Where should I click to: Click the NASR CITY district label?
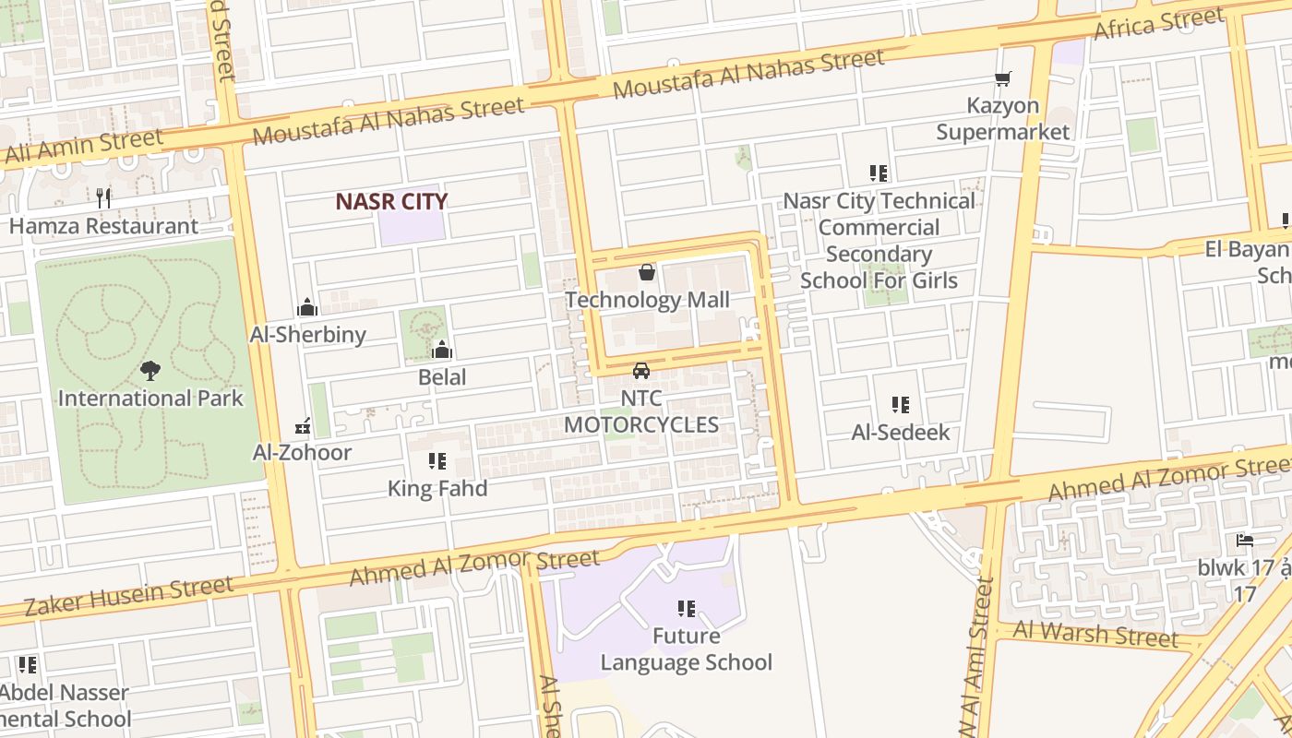[x=391, y=201]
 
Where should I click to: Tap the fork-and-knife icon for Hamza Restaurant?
[x=103, y=197]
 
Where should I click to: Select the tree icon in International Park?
[x=150, y=371]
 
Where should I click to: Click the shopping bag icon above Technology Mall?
[x=647, y=272]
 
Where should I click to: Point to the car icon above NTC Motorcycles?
[x=640, y=371]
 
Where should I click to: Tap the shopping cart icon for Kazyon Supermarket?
[x=1002, y=79]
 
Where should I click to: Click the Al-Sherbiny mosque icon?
[x=307, y=307]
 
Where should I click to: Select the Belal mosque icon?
[x=442, y=350]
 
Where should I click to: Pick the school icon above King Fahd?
[x=437, y=460]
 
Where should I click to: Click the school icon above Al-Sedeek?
[x=900, y=404]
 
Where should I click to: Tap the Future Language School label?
[x=686, y=649]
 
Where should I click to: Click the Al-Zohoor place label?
[x=303, y=452]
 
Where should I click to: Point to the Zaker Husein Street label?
[x=129, y=596]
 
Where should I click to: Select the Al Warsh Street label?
[x=1095, y=634]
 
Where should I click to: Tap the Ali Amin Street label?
[x=83, y=148]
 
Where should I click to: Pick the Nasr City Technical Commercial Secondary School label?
[x=879, y=240]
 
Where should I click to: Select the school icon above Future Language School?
[x=686, y=608]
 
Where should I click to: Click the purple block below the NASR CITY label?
[x=411, y=228]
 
